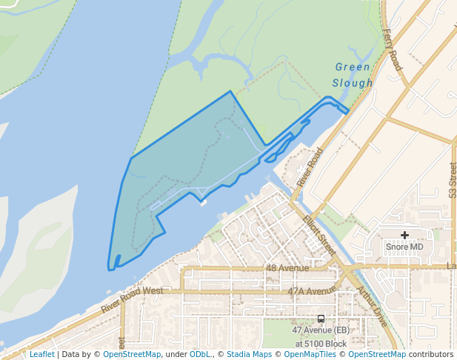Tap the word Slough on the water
[353, 83]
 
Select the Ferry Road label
[393, 50]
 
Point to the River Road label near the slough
[310, 167]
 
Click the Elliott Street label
[319, 236]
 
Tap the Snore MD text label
[404, 246]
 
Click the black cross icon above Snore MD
[404, 235]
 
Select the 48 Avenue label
[287, 268]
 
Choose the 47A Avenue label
[307, 291]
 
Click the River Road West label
[132, 301]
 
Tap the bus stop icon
[320, 319]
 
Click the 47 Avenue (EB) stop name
[321, 330]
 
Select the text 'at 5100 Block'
[321, 344]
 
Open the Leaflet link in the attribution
[41, 355]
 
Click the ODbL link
[200, 355]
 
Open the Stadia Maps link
[249, 355]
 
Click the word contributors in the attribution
[429, 355]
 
